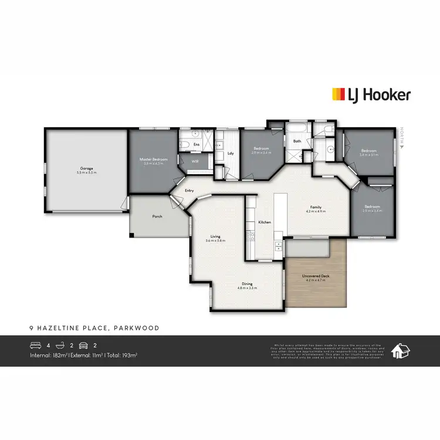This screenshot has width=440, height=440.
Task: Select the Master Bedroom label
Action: coord(153,160)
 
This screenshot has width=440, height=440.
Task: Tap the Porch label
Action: coord(157,216)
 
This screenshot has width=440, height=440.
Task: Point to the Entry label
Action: coord(189,191)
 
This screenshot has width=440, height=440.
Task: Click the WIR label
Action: coord(195,161)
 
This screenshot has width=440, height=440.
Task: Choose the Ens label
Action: coord(197,144)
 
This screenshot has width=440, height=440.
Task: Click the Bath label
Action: coord(297,141)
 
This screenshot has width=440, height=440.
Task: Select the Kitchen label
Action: coord(264,223)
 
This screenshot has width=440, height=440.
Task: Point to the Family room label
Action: coord(316,207)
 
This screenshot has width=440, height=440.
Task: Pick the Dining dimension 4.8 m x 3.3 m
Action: coord(246,288)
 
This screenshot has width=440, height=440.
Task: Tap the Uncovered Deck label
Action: coord(316,276)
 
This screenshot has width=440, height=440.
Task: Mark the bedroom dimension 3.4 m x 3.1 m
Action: coord(370,155)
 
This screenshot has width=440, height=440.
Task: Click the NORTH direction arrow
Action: coord(402,148)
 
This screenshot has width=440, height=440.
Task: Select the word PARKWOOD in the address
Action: coord(140,328)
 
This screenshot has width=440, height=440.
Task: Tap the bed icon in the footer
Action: coord(35,346)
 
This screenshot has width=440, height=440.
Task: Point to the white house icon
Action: coord(401,351)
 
